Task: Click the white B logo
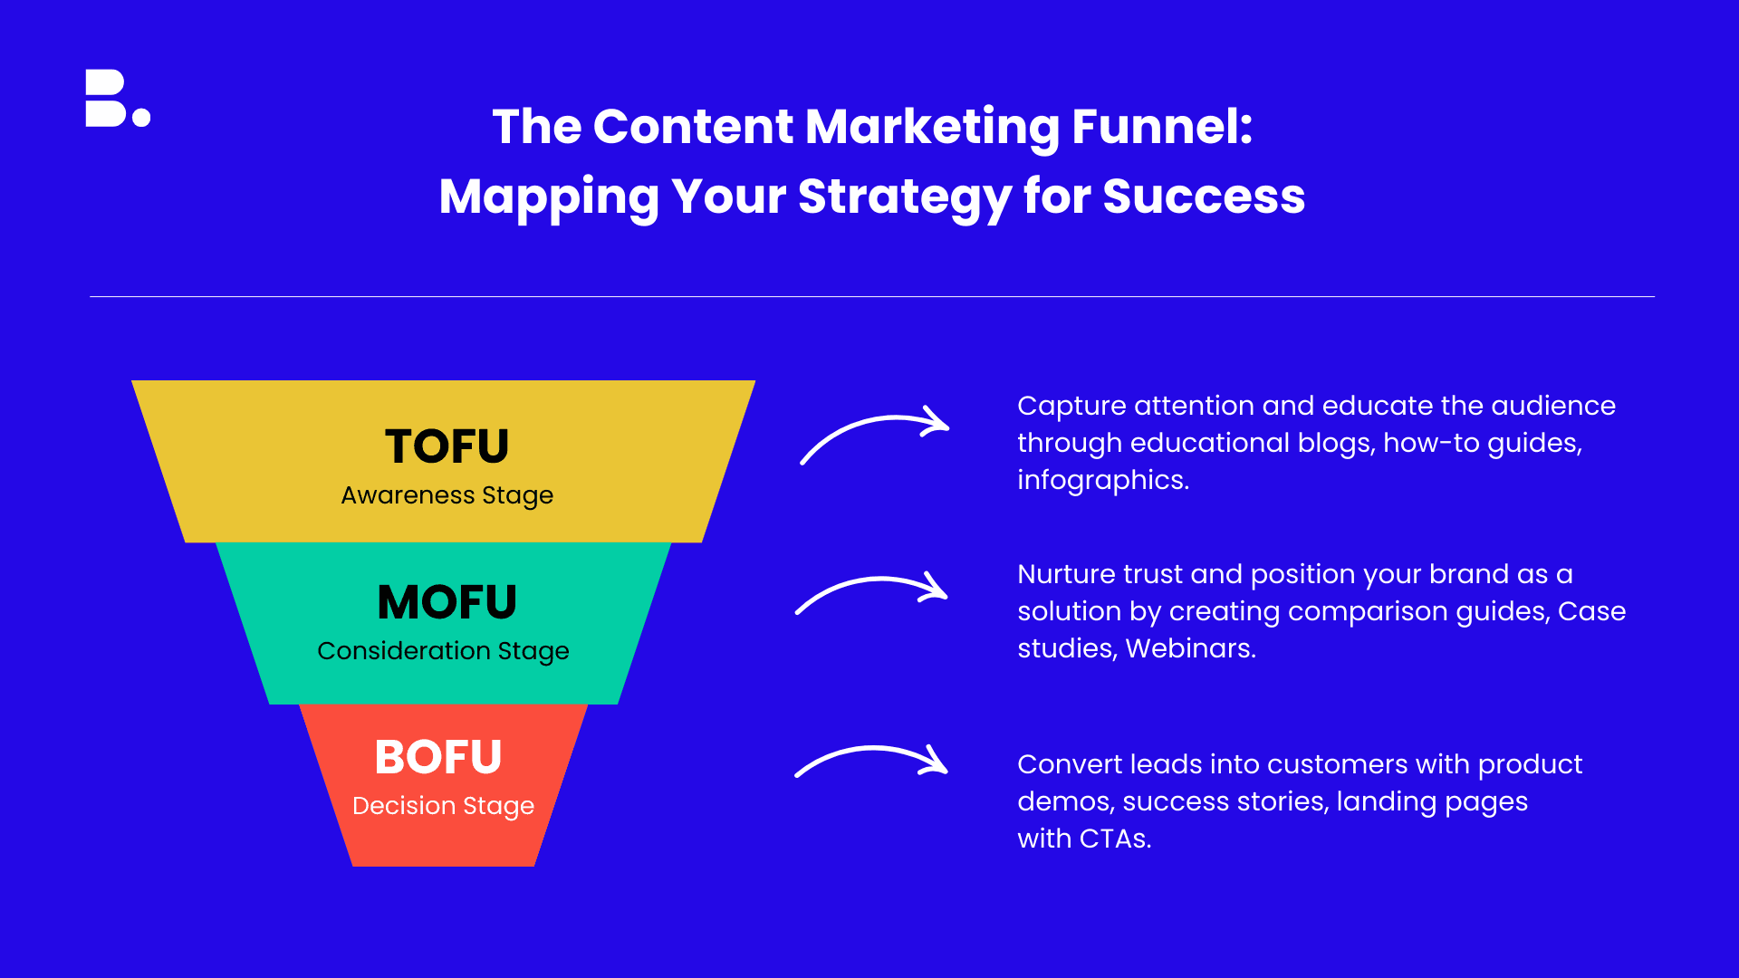click(118, 98)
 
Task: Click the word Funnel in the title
click(1162, 126)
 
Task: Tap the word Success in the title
click(1204, 196)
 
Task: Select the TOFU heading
click(447, 446)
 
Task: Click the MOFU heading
click(447, 601)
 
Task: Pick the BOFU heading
click(438, 757)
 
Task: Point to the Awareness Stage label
click(447, 495)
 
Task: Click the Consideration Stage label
click(443, 651)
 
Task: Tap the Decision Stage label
click(443, 806)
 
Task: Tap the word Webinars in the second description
click(1190, 648)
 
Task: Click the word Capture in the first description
click(1071, 407)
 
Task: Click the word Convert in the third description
click(1070, 764)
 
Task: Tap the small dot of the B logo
click(141, 117)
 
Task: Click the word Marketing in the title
click(932, 127)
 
